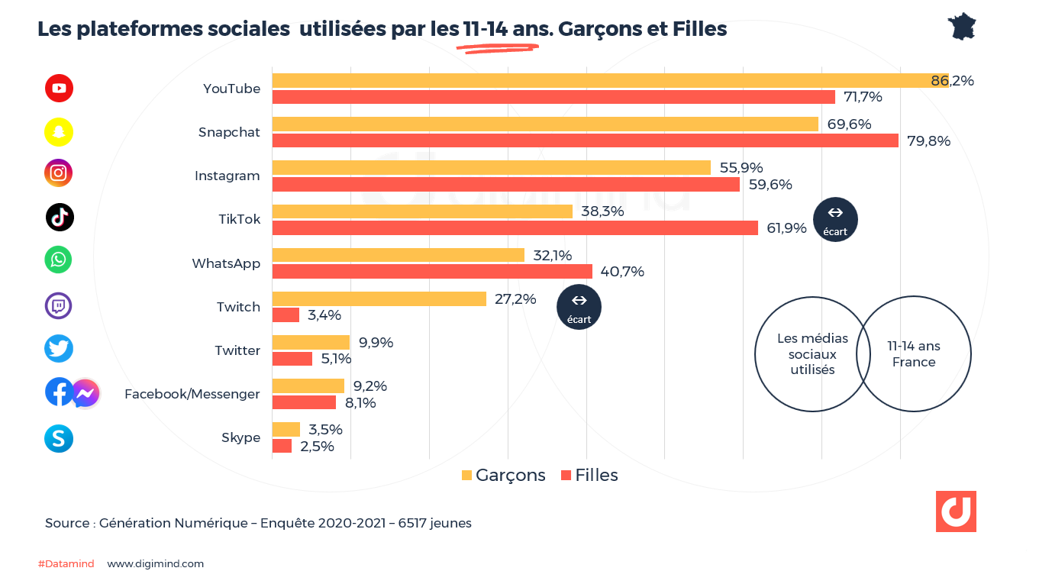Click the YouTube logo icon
(x=59, y=89)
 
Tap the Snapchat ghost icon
(x=59, y=132)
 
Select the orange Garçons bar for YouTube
(x=610, y=81)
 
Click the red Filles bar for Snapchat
(x=585, y=140)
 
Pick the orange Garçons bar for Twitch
(x=379, y=299)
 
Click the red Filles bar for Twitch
(x=286, y=315)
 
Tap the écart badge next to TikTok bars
(x=835, y=220)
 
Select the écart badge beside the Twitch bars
(x=579, y=307)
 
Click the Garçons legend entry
(x=504, y=475)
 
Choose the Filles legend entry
(x=589, y=475)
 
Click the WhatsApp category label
(x=226, y=263)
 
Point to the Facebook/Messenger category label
(x=192, y=394)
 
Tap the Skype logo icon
(x=59, y=438)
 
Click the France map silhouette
(x=963, y=27)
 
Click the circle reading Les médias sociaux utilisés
(x=806, y=354)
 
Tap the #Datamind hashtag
(x=66, y=564)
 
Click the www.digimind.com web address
(x=155, y=564)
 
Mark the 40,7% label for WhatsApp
(x=622, y=271)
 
